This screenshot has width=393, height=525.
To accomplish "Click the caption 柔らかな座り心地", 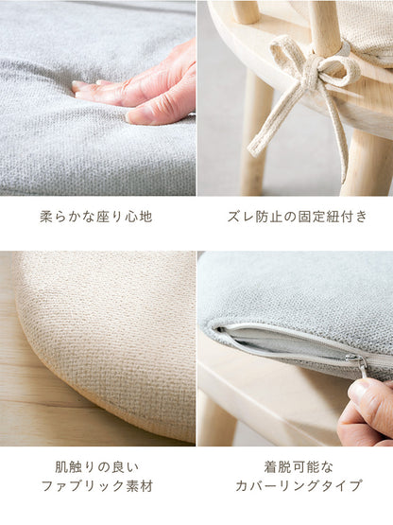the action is click(96, 217).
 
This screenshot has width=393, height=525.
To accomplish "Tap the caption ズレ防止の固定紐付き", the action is click(297, 217).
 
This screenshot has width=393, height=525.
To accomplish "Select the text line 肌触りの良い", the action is click(96, 467).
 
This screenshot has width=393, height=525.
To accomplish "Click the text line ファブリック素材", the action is click(97, 486).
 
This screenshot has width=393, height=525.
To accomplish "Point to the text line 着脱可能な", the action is click(299, 467).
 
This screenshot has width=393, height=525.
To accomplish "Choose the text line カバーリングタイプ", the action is click(299, 486).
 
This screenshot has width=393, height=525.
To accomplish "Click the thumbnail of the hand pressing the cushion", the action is click(97, 97).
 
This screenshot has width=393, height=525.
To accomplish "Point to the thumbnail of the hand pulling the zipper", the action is click(296, 348).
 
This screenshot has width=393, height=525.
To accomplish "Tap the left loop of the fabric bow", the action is click(284, 50).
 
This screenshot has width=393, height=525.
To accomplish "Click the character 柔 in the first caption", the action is click(46, 217).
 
